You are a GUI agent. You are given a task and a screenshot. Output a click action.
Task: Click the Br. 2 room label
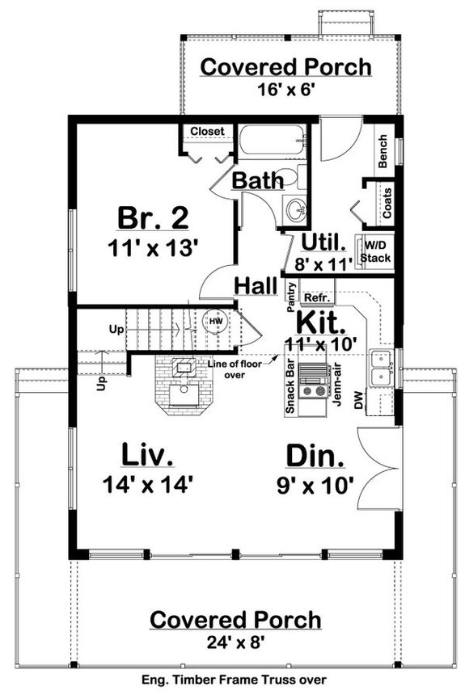[x=152, y=218]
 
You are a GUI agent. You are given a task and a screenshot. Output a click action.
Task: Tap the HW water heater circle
[x=215, y=322]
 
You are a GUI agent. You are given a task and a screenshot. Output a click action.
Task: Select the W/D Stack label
[x=375, y=251]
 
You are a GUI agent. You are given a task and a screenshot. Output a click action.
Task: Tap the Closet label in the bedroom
[x=207, y=132]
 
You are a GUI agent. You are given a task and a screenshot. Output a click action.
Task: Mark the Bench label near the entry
[x=383, y=152]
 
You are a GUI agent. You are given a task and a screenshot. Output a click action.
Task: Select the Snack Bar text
[x=289, y=390]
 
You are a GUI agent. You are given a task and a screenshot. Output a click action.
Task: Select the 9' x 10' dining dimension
[x=315, y=486]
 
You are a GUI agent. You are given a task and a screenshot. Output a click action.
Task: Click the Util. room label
[x=323, y=241]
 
